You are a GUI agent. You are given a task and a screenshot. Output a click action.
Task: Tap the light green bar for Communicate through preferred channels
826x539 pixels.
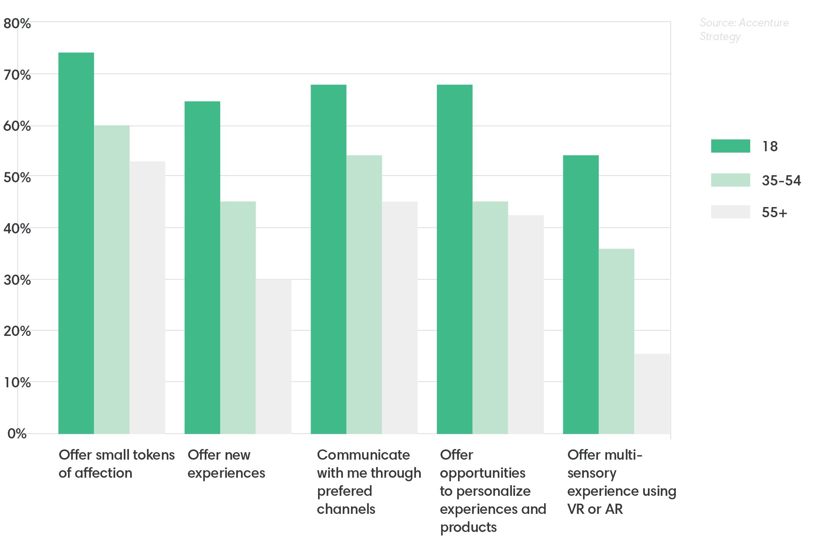tap(364, 294)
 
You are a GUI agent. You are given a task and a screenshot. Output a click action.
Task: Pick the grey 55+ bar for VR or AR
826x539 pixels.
tap(652, 394)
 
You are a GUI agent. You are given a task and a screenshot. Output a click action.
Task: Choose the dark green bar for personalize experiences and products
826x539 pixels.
tap(454, 259)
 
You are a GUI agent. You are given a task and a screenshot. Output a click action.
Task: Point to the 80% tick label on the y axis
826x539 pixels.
tap(17, 24)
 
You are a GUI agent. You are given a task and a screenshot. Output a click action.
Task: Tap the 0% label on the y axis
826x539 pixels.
tap(17, 434)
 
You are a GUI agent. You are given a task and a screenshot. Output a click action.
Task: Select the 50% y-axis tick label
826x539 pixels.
tap(17, 178)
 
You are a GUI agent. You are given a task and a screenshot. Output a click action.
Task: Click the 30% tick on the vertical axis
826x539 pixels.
tap(17, 280)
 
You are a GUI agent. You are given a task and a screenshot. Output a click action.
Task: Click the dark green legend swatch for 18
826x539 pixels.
tap(730, 146)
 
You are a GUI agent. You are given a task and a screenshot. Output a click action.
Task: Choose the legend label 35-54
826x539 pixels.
tap(781, 181)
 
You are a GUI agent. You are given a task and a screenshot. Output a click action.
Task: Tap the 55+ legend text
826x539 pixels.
tap(774, 213)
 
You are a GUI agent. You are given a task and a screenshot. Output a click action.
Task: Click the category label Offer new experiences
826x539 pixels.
tap(226, 464)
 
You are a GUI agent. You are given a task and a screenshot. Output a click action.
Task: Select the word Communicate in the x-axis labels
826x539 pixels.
tap(363, 455)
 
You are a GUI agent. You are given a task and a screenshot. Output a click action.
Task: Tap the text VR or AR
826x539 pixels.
tap(595, 509)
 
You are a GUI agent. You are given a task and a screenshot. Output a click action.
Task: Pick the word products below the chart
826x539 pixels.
tap(468, 527)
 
